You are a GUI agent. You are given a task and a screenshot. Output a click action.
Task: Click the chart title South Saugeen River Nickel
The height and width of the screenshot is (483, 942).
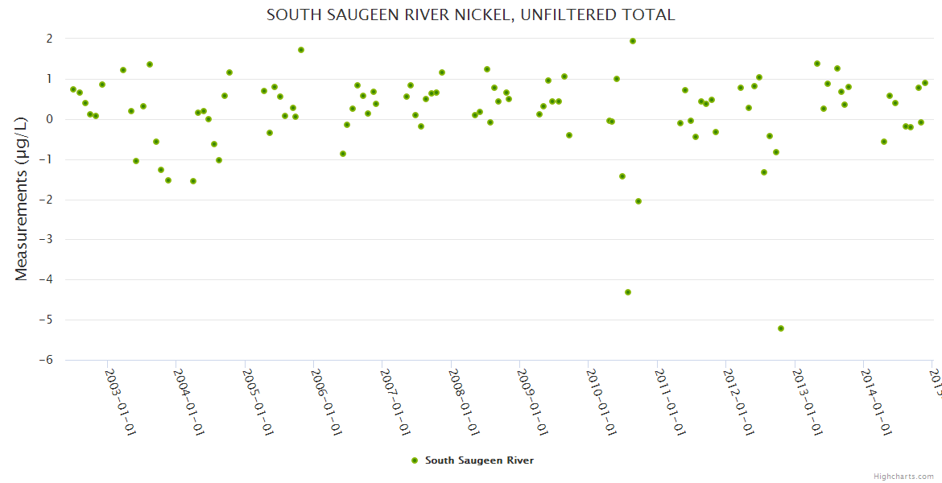(x=470, y=15)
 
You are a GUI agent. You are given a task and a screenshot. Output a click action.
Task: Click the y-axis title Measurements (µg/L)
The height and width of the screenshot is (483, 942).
(x=22, y=200)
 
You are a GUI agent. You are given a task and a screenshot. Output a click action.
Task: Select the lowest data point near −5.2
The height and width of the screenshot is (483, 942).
(x=781, y=328)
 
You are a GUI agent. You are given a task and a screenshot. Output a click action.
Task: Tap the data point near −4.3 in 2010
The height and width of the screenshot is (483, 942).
(x=628, y=292)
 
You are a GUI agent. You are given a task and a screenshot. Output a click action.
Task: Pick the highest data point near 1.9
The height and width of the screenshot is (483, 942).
(x=633, y=41)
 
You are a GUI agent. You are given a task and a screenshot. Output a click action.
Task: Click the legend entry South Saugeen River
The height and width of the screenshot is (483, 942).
(x=479, y=460)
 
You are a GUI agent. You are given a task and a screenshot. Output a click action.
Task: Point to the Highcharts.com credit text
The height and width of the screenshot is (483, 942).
(x=904, y=476)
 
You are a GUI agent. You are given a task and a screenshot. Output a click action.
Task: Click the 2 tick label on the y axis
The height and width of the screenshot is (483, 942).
(x=49, y=39)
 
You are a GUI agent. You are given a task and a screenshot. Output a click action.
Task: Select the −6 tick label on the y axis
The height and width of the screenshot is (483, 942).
(x=45, y=360)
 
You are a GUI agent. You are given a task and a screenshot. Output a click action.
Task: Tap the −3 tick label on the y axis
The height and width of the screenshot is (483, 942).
(x=45, y=239)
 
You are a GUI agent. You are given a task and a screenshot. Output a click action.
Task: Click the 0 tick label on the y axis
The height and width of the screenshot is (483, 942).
(x=49, y=119)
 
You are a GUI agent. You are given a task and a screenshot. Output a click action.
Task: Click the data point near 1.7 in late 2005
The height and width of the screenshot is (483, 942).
(x=301, y=50)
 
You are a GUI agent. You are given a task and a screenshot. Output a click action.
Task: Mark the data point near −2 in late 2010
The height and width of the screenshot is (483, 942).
(x=638, y=201)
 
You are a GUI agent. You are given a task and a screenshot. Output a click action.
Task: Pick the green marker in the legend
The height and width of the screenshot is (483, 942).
(x=415, y=460)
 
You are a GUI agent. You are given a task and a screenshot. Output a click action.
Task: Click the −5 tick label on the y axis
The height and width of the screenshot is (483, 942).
(x=45, y=320)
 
